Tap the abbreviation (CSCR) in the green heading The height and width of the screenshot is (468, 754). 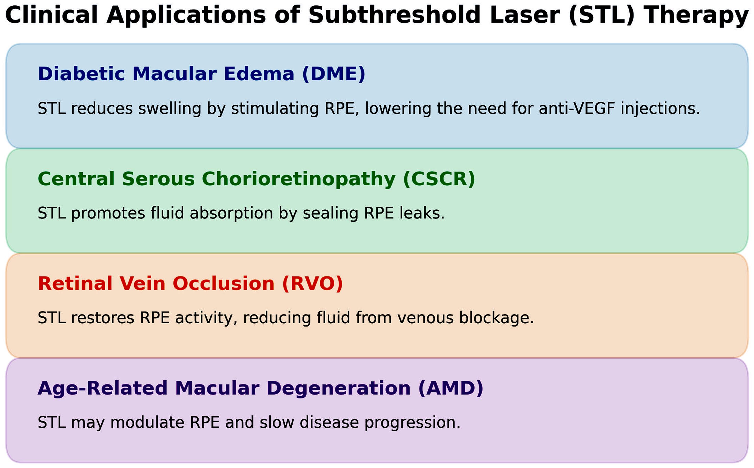(439, 179)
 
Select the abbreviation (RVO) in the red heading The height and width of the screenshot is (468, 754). (312, 283)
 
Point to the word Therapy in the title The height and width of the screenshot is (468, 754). (696, 16)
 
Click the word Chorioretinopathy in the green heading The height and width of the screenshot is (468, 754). (298, 179)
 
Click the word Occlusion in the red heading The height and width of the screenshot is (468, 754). (223, 283)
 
